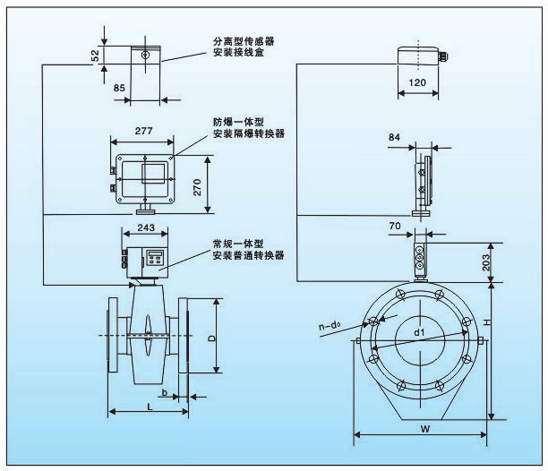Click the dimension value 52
point(96,56)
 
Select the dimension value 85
point(119,88)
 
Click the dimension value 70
point(395,227)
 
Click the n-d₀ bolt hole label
point(334,329)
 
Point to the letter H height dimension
point(502,322)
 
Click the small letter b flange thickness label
point(165,390)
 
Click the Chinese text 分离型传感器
point(243,41)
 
